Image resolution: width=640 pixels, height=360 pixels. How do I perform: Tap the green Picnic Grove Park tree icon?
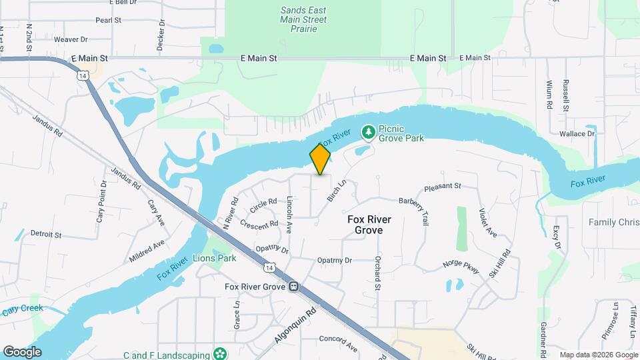(367, 133)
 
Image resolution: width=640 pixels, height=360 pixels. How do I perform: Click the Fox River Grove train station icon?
(293, 287)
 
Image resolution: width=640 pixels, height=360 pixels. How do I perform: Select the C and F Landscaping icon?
(219, 352)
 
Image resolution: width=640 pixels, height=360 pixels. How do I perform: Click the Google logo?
(22, 352)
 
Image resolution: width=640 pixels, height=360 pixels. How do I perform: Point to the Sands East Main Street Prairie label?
(303, 20)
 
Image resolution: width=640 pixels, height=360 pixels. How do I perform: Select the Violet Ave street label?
(488, 223)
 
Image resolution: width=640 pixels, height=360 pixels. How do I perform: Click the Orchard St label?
(377, 273)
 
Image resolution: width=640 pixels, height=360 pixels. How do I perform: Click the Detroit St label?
(46, 235)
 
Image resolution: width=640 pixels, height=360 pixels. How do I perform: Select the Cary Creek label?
(22, 309)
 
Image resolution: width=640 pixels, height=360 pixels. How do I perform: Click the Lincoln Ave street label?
(289, 214)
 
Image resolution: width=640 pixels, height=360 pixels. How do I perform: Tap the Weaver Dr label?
(71, 39)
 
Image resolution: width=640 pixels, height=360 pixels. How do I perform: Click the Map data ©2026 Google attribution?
(599, 355)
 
